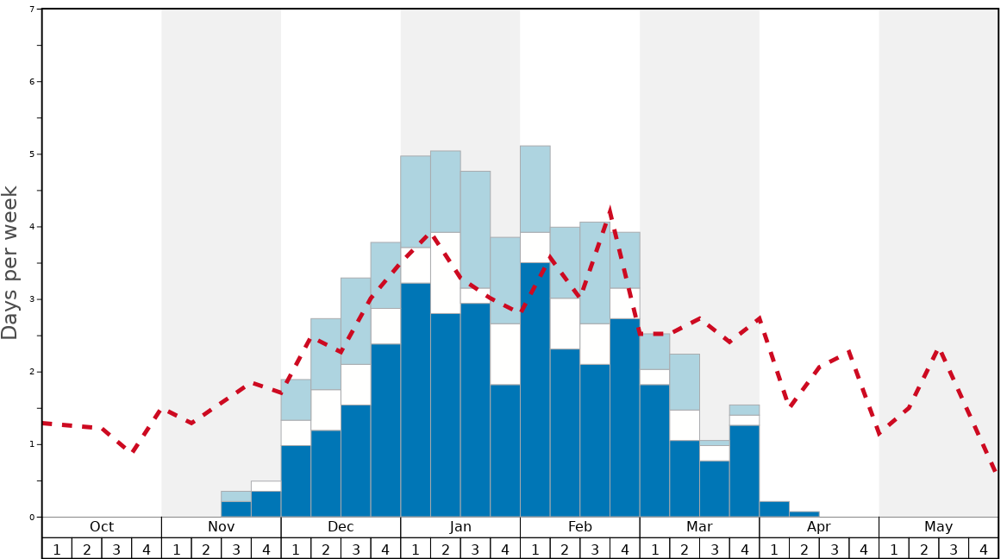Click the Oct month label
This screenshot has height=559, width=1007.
(102, 527)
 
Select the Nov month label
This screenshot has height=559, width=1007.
(222, 527)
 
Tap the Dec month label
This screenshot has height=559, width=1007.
(341, 527)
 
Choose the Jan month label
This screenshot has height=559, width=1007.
(460, 527)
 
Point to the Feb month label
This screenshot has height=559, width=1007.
(580, 527)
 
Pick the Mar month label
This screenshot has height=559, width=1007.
(699, 527)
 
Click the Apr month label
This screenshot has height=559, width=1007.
(819, 527)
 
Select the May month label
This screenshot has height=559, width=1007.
(939, 527)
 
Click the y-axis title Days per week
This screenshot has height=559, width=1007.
(10, 263)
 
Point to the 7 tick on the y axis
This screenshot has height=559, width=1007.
(32, 9)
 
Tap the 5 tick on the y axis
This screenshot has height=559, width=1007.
(32, 154)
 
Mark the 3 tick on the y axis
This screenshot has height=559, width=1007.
(32, 299)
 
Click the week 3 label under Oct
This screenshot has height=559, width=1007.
(116, 549)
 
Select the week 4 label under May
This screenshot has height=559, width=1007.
(984, 549)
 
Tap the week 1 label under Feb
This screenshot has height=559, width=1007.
(535, 549)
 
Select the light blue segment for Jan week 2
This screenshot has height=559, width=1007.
(446, 192)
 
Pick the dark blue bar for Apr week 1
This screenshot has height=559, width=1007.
(774, 509)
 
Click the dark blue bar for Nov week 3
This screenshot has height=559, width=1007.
(236, 509)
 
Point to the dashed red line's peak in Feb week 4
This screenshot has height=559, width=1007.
(610, 209)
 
